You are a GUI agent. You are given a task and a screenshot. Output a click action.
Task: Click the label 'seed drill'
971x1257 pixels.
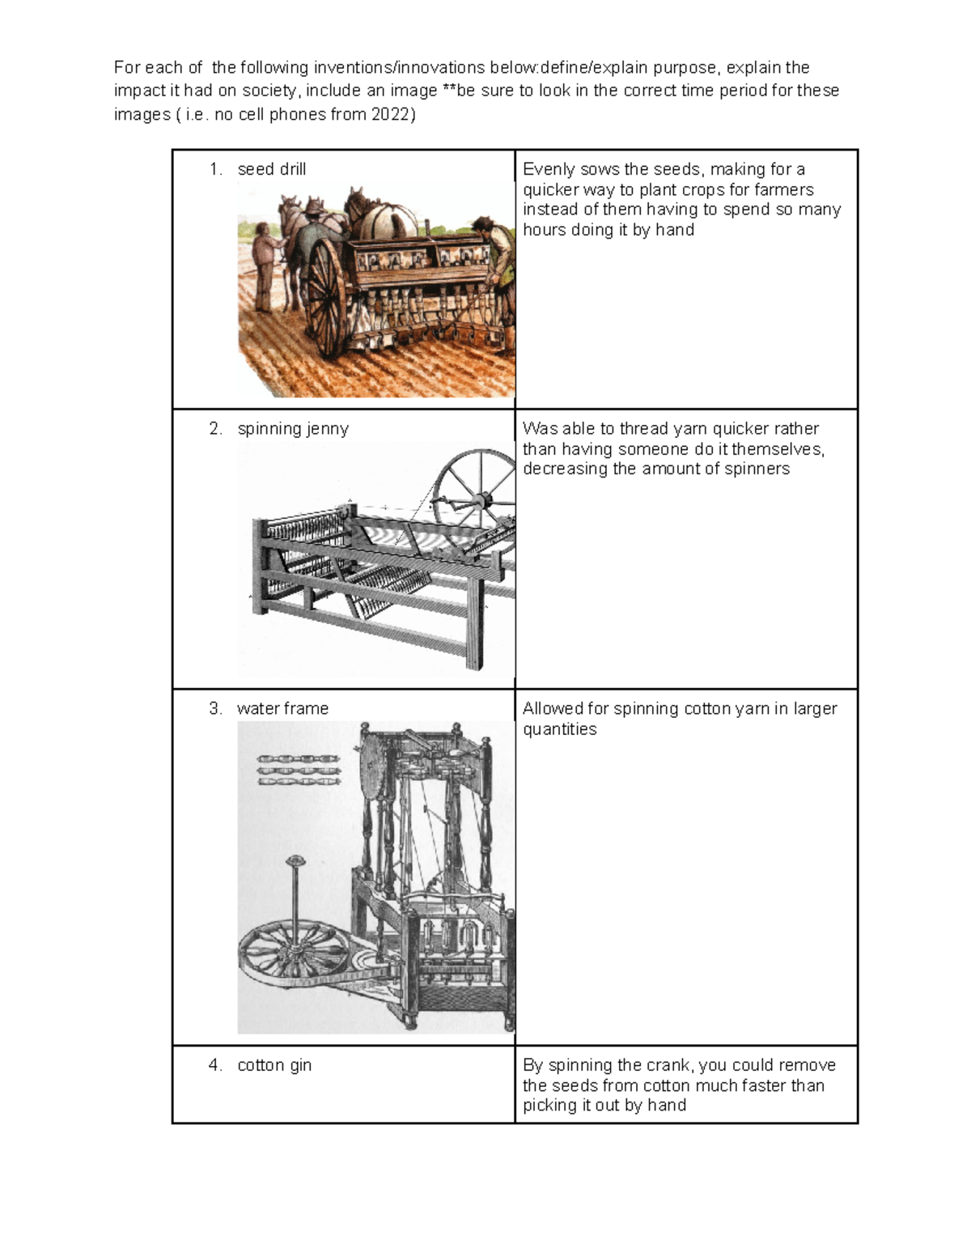tap(271, 169)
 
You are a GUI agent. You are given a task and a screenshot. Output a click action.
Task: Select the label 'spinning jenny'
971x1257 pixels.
tap(292, 429)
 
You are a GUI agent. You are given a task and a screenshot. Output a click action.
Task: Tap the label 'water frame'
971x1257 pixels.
tap(282, 709)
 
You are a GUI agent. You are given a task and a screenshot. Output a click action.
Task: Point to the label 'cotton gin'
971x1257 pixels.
tap(274, 1065)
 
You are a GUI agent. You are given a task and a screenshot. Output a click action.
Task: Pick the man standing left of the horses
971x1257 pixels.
tap(264, 267)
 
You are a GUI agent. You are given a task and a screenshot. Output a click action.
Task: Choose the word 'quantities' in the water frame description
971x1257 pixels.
tap(559, 729)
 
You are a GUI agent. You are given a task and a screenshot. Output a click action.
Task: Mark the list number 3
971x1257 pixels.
tap(214, 709)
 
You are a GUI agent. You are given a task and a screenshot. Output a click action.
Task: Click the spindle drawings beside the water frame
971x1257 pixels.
tap(299, 771)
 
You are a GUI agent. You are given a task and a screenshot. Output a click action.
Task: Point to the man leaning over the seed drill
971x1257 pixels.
tap(495, 251)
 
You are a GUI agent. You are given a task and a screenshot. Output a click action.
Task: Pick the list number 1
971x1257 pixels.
tap(214, 169)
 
